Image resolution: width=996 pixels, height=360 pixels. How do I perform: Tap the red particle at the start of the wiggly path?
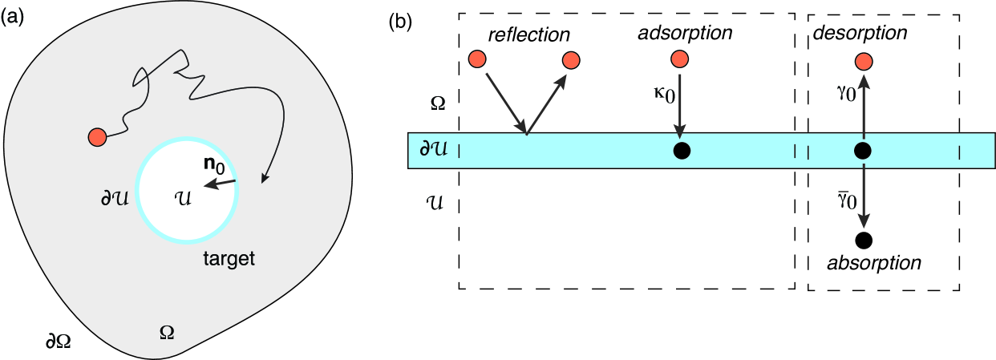click(x=98, y=137)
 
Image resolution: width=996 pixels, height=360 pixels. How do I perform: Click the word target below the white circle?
click(x=230, y=259)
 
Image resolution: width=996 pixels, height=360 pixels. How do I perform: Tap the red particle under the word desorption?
click(x=863, y=62)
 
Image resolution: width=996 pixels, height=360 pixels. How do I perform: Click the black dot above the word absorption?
click(x=863, y=239)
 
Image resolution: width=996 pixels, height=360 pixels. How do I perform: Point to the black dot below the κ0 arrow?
click(x=681, y=151)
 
